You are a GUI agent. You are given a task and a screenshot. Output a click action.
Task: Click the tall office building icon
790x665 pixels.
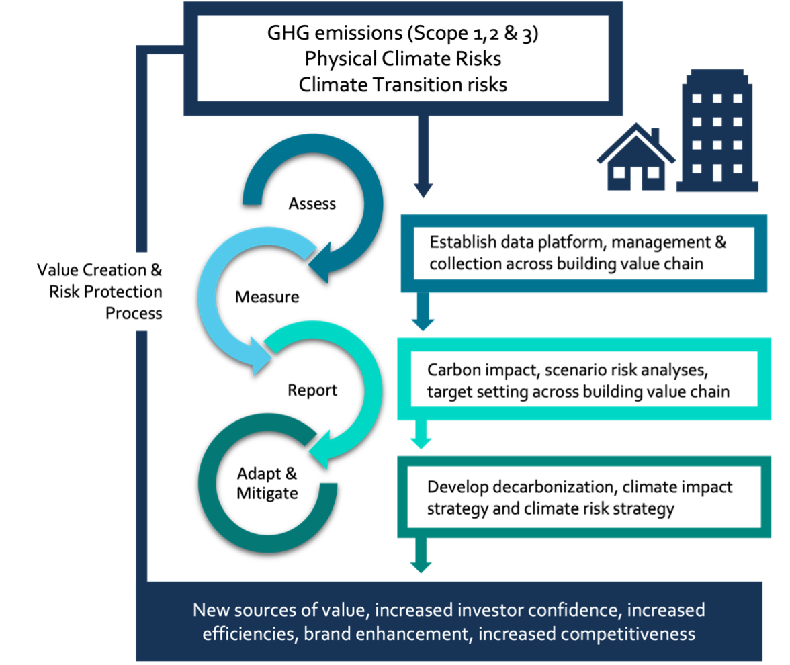[x=717, y=131]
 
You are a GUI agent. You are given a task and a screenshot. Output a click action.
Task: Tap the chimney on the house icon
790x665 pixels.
[x=655, y=135]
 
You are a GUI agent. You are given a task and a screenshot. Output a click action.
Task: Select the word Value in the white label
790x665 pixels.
[x=53, y=270]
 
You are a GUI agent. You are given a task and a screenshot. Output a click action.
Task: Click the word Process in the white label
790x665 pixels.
[x=134, y=313]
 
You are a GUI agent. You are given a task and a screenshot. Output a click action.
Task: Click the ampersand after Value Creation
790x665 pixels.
[x=156, y=270]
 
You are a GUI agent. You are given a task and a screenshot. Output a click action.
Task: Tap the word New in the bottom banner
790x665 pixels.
[x=208, y=610]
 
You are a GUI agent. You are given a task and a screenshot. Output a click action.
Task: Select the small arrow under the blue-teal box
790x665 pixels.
[x=423, y=322]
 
